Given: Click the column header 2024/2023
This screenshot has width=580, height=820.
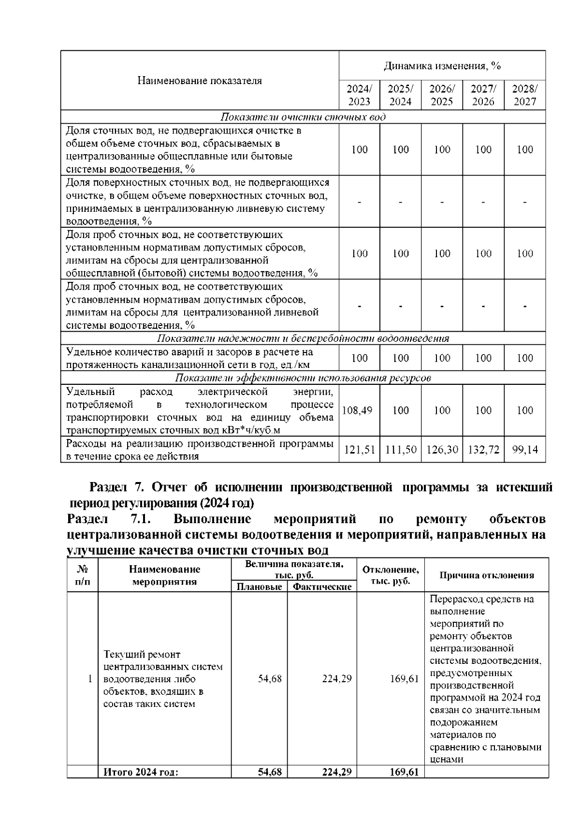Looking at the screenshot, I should [x=359, y=95].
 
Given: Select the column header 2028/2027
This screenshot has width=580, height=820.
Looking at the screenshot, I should [x=525, y=95].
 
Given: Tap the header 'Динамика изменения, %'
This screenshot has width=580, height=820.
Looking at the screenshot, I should [x=442, y=66].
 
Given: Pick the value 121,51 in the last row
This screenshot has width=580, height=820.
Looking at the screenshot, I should [x=360, y=450].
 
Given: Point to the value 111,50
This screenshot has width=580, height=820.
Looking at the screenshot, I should [x=401, y=450].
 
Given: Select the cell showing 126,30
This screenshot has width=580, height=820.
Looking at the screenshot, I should [x=442, y=450].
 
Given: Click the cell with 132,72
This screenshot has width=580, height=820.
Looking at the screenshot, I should [x=483, y=450].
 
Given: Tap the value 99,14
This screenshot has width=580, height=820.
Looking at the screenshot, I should [x=525, y=450].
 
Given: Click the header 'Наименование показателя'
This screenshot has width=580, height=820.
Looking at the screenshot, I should [x=200, y=81].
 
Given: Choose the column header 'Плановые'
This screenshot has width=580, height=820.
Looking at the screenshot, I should [x=259, y=587].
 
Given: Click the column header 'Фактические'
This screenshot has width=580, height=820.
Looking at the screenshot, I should [x=322, y=587].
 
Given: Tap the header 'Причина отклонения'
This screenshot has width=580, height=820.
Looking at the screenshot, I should [x=487, y=575].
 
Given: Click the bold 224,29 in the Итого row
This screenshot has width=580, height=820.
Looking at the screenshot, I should [x=337, y=772].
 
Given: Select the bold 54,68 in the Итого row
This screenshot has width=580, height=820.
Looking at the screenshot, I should [x=270, y=772].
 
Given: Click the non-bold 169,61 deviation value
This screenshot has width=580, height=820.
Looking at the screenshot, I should [x=404, y=679].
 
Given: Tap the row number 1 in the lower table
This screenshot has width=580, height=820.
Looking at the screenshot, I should [x=90, y=679].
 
